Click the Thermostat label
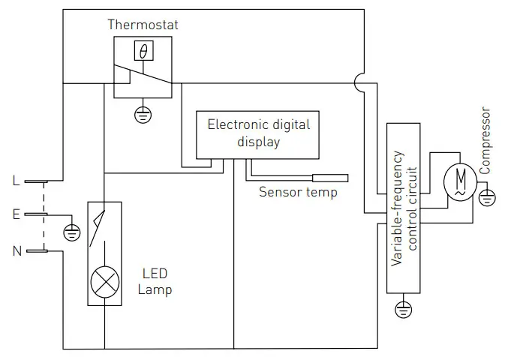point(143,25)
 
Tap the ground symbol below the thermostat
point(142,114)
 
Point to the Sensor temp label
point(298,192)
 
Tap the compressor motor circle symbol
point(455,180)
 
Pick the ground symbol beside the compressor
point(487,198)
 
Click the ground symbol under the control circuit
point(404,307)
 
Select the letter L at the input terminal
point(16,181)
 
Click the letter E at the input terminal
point(16,214)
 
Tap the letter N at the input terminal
point(16,250)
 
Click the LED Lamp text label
point(155,281)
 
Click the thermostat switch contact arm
point(143,75)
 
